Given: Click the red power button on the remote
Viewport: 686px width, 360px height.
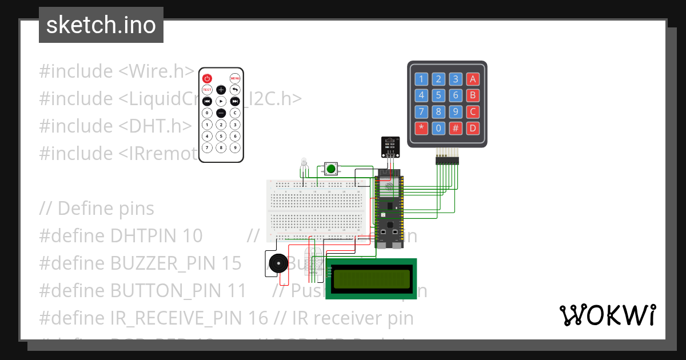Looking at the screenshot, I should (x=207, y=78).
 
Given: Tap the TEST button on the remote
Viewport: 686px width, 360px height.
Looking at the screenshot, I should (x=207, y=90).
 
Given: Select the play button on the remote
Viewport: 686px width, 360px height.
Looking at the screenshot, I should (x=221, y=101).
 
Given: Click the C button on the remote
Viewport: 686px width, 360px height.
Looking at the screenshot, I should (x=235, y=113).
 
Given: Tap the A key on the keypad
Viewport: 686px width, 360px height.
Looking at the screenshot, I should (x=473, y=79).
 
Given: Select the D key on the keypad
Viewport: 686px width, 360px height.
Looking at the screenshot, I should (x=473, y=128).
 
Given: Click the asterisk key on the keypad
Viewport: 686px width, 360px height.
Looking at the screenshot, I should (x=421, y=128).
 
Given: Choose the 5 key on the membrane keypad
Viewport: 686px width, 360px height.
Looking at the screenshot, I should (x=438, y=95).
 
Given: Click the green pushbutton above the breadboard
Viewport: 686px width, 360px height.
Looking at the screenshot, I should (x=330, y=168).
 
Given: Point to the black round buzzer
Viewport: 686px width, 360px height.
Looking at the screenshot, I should (x=277, y=265).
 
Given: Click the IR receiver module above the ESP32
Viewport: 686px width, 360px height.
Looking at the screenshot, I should (x=391, y=147).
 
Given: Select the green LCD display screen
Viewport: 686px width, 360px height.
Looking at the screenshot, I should (x=371, y=279).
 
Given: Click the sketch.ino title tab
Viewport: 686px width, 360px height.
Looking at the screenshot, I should (x=101, y=25).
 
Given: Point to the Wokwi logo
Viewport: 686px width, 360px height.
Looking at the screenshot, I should (x=607, y=315).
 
